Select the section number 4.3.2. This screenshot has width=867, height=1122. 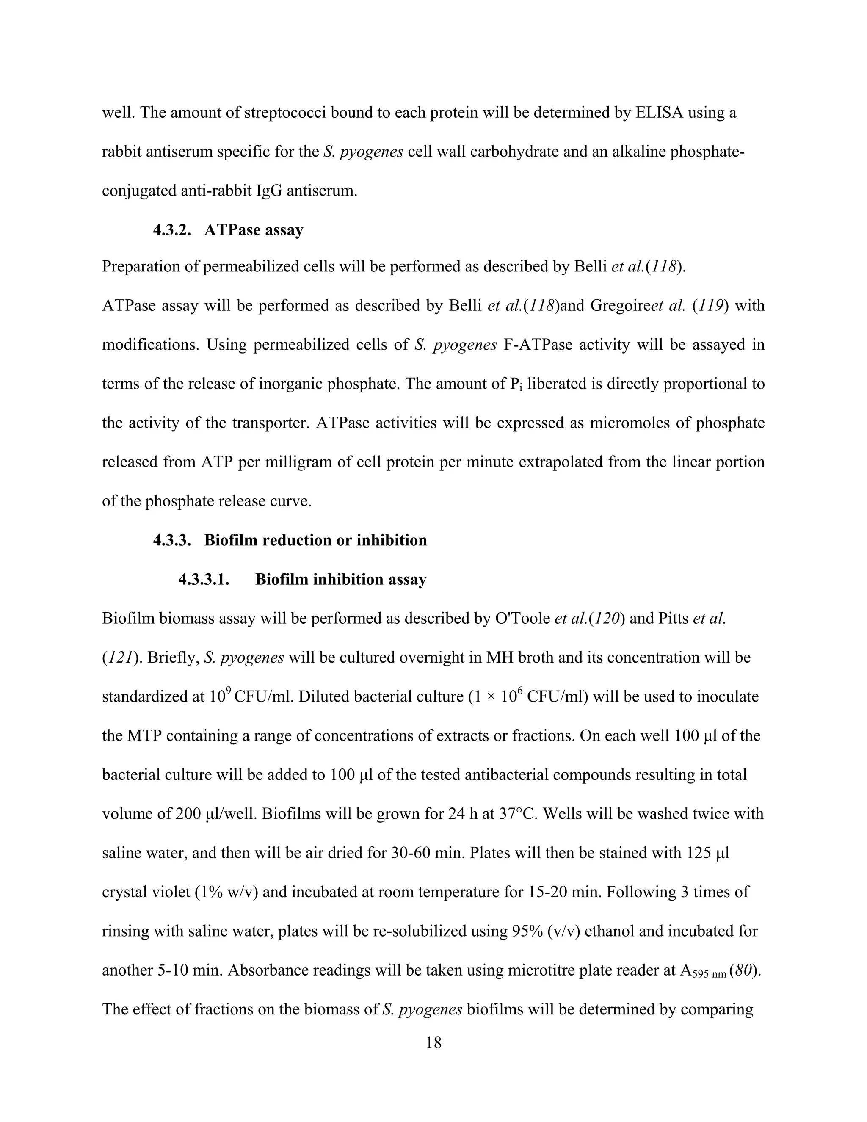click(x=171, y=229)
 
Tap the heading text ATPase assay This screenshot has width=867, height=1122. click(x=254, y=229)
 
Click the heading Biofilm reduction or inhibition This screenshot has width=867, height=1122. click(x=315, y=540)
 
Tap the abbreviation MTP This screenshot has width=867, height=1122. click(x=145, y=736)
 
